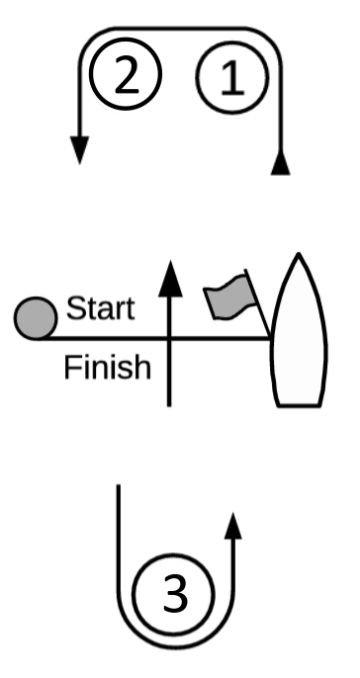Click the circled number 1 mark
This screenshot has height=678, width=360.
[x=232, y=77]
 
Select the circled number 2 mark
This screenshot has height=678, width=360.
[x=126, y=73]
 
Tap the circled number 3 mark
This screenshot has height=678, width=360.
[x=173, y=594]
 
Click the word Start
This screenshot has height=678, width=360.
[x=101, y=308]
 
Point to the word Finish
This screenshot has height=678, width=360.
[x=107, y=367]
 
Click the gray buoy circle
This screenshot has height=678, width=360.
[x=36, y=318]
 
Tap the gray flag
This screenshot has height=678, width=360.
[x=229, y=297]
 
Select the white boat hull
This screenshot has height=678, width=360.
[x=299, y=330]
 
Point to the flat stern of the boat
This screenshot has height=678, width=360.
[x=299, y=405]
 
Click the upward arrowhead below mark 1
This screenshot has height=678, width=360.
[x=281, y=163]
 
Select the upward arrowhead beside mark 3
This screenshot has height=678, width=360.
[x=233, y=526]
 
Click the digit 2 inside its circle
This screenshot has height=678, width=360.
[x=127, y=76]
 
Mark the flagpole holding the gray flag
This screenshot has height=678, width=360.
[x=258, y=303]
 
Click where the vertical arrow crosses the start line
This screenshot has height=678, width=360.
[x=169, y=338]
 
